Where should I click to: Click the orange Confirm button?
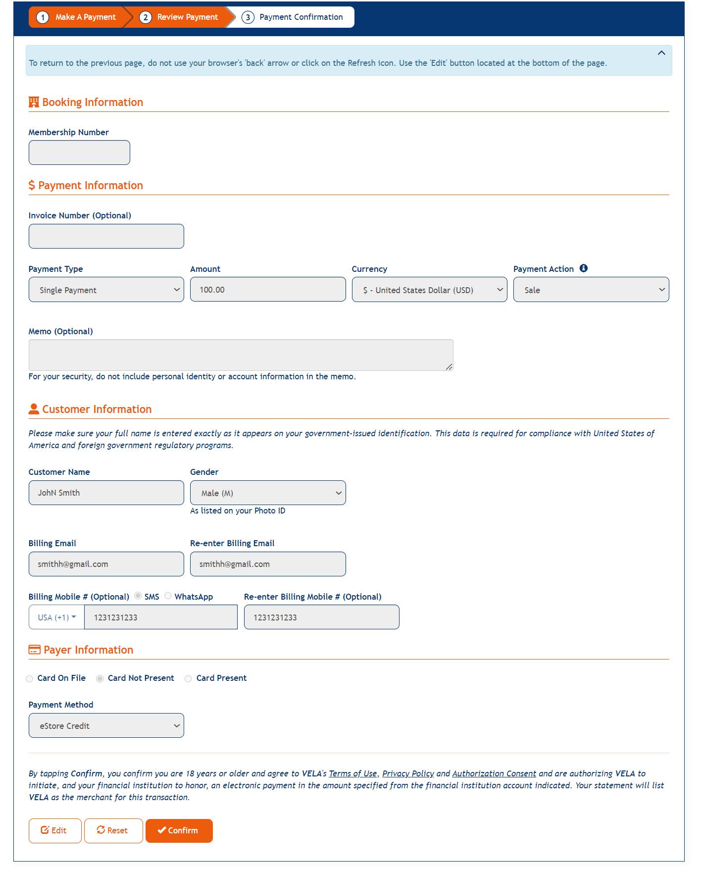point(179,830)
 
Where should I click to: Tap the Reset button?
point(113,830)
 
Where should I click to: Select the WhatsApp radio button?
point(168,596)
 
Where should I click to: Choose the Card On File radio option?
point(30,678)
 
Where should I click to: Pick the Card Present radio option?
point(189,678)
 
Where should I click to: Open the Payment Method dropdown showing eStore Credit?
point(106,725)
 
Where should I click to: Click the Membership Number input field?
point(79,153)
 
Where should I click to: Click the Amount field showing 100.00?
point(268,290)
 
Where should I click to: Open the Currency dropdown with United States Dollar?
point(429,290)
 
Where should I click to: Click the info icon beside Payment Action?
point(584,268)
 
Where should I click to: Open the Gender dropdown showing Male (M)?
point(268,493)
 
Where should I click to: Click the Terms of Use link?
point(352,773)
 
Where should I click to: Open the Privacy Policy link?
point(408,773)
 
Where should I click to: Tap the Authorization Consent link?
point(494,773)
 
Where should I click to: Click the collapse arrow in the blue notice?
point(661,53)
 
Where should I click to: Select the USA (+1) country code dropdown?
point(57,617)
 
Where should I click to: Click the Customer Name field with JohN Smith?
point(106,493)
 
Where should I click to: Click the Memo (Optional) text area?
point(241,355)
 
